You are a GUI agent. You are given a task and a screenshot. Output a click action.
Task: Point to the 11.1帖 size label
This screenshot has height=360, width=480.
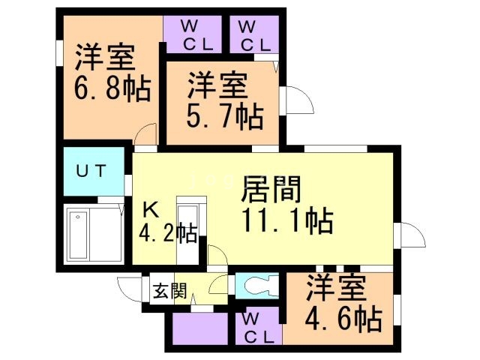coord(286,221)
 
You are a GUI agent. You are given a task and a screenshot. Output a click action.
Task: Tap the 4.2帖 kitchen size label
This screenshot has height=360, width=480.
coord(166,233)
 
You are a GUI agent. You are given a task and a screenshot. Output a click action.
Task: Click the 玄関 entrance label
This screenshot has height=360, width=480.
coord(170,291)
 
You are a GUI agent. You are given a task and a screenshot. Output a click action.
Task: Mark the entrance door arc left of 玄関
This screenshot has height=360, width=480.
coord(129,289)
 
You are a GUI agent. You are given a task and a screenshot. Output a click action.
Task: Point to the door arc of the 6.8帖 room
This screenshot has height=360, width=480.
coord(145,137)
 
